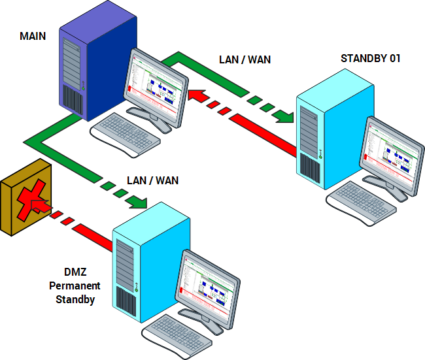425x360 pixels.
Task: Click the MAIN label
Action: point(33,36)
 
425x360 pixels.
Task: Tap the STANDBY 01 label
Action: point(371,58)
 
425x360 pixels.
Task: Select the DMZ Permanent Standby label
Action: point(75,286)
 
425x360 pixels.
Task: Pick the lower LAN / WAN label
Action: point(152,180)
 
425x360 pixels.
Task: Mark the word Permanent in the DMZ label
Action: point(75,286)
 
